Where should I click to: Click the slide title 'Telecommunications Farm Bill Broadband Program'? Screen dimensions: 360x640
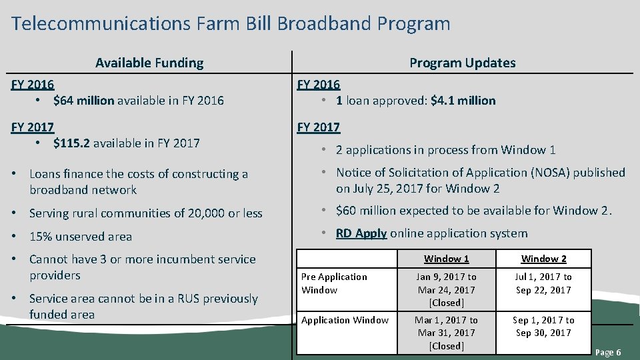pos(231,24)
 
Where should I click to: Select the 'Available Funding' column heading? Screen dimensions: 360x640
pos(149,63)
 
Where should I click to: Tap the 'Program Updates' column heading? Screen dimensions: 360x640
pos(462,63)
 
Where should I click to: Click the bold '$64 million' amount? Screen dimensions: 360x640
pos(85,101)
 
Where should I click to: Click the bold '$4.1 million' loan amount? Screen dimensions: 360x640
pos(463,101)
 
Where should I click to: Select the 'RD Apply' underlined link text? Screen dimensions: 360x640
pos(361,233)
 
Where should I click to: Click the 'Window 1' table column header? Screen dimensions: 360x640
pos(446,259)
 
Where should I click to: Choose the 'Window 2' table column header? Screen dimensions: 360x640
pos(543,259)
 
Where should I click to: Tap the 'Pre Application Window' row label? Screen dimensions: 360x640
pos(334,283)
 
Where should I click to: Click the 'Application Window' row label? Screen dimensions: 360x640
pos(345,320)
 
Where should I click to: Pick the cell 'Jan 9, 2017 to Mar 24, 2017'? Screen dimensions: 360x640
pos(446,289)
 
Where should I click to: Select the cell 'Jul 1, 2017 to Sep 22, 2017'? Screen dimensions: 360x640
pos(543,283)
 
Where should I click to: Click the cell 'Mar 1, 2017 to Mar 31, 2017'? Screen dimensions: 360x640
pos(446,333)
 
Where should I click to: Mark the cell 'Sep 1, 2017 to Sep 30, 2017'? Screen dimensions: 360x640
pos(543,326)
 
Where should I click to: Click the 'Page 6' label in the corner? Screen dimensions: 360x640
pos(607,352)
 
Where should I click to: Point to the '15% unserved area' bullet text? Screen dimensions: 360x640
pos(81,237)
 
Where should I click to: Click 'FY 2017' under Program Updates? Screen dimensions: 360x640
pos(319,127)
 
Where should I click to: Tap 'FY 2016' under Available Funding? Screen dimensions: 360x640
pos(33,85)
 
